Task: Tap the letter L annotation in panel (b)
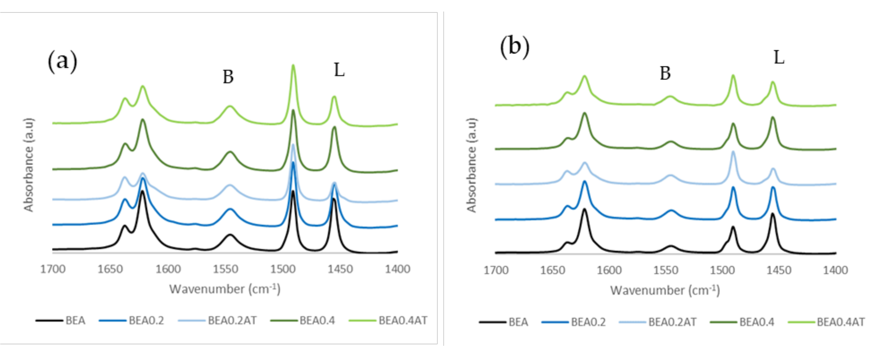[x=779, y=57]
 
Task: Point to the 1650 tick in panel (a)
[x=110, y=269]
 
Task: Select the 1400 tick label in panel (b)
[x=835, y=270]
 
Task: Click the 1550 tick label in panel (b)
[x=666, y=270]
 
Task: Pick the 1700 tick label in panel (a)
[x=53, y=269]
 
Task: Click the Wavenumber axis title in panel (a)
[x=225, y=289]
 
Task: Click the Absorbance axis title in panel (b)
[x=471, y=165]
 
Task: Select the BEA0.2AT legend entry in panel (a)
[x=232, y=321]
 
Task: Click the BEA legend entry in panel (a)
[x=75, y=321]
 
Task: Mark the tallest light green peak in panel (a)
[x=293, y=65]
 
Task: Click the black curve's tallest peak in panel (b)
[x=585, y=209]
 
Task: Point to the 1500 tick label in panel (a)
[x=283, y=269]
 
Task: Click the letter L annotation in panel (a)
[x=339, y=70]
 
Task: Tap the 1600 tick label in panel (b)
[x=609, y=270]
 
